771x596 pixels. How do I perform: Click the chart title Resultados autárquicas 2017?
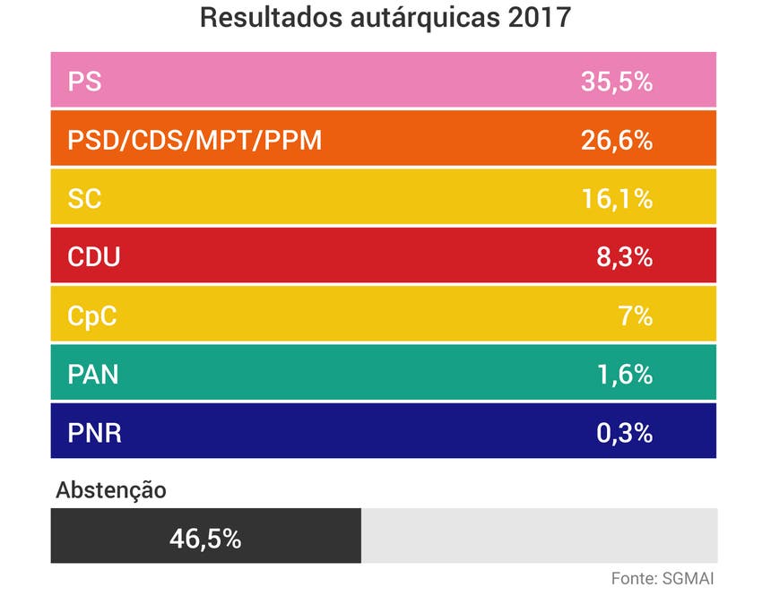385,19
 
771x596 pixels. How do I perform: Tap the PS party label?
84,82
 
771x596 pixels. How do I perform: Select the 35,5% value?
616,82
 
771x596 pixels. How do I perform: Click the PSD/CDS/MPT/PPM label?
195,141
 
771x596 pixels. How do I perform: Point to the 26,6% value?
616,141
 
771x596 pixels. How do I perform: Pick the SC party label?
84,199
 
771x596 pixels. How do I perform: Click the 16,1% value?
616,199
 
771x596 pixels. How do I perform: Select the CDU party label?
94,258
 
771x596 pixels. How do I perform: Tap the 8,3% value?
624,258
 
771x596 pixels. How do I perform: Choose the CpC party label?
92,316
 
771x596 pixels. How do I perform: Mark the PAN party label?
93,375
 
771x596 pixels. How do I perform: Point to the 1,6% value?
624,375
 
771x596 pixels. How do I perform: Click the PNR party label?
94,434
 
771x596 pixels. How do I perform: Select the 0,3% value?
624,434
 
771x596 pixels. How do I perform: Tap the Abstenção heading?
111,490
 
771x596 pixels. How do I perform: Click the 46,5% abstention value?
205,538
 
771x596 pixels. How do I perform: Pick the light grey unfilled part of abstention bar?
538,536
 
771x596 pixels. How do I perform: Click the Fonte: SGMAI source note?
663,577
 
